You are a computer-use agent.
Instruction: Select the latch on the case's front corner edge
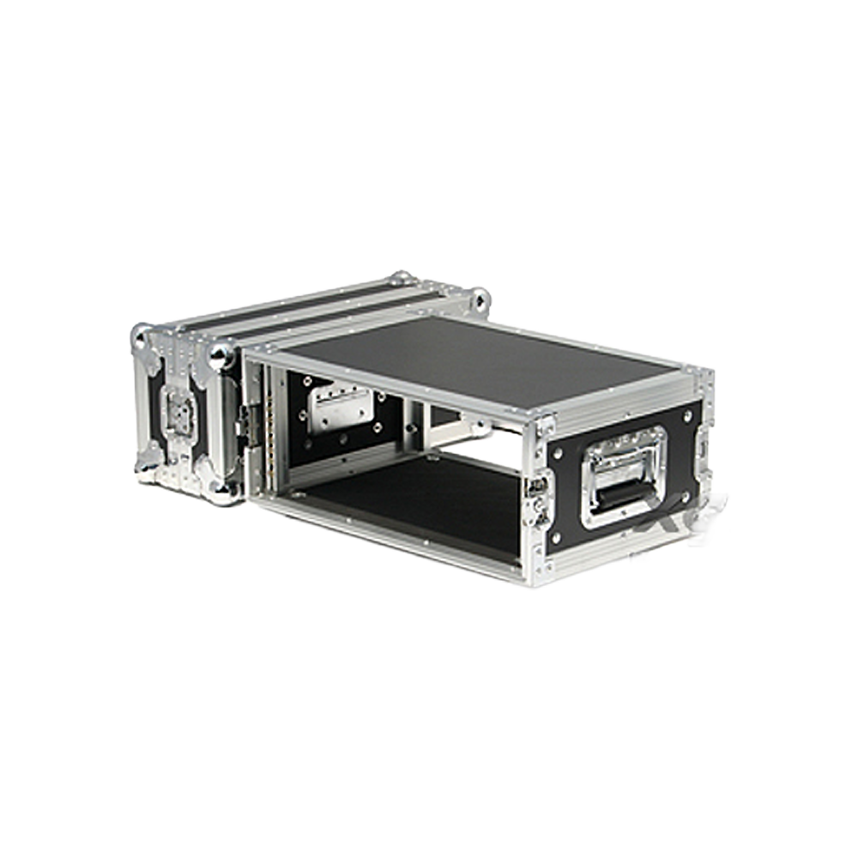pyautogui.click(x=539, y=498)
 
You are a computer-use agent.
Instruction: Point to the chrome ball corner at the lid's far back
pyautogui.click(x=400, y=278)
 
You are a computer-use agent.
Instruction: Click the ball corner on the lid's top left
pyautogui.click(x=141, y=336)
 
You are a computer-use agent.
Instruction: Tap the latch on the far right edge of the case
pyautogui.click(x=704, y=446)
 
